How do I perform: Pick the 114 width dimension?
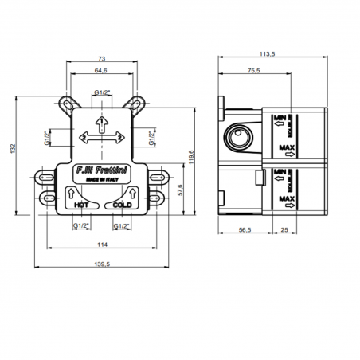point(102,244)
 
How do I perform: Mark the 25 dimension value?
point(284,230)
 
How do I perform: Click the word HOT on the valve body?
point(80,205)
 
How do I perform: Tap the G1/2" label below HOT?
point(80,225)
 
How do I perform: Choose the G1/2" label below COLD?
point(123,225)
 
